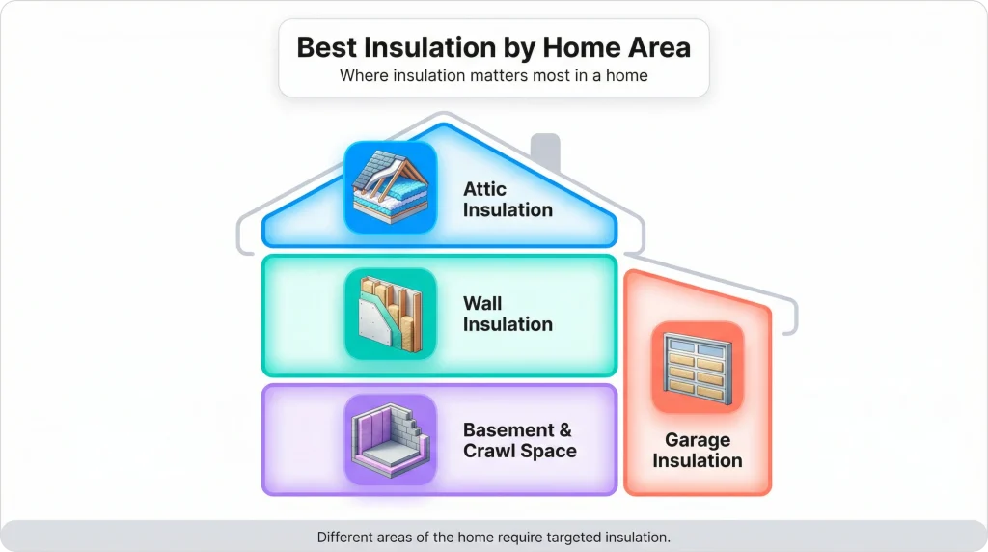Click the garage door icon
[697, 367]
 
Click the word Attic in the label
[484, 189]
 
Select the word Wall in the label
[482, 304]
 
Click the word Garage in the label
[697, 440]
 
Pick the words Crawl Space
[520, 451]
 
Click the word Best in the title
[327, 47]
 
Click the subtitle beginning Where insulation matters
[493, 75]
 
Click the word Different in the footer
[350, 537]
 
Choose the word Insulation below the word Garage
[697, 460]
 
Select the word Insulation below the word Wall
[508, 324]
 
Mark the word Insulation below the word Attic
[508, 209]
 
